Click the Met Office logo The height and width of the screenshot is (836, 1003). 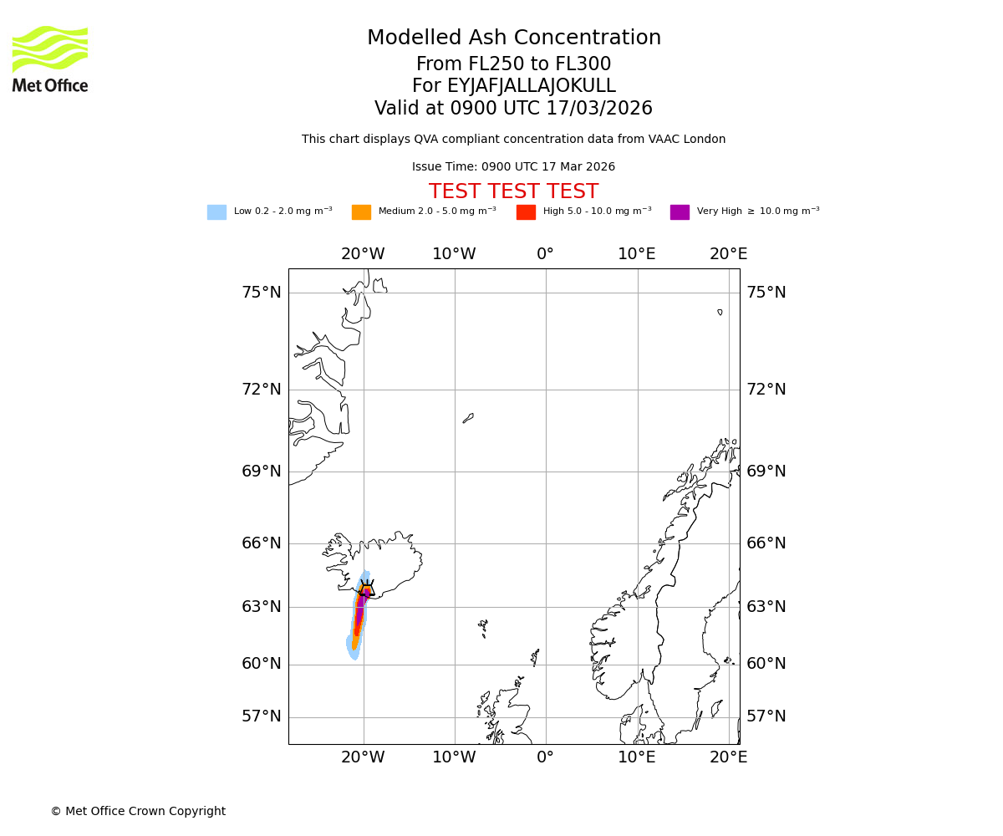50,59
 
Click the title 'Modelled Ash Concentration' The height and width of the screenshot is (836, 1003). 514,38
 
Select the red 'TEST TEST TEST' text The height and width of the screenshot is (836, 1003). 513,192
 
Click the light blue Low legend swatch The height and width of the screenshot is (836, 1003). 216,212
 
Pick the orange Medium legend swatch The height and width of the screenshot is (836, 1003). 361,212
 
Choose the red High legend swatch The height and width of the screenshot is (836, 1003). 526,212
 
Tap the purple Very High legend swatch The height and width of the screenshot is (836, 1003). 680,212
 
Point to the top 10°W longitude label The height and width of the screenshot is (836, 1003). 454,254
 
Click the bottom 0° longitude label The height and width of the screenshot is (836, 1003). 545,757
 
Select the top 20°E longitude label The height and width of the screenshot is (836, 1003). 728,254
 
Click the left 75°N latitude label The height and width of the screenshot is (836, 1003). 262,293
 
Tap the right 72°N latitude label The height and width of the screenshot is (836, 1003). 766,390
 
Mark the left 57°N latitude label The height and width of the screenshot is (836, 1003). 262,716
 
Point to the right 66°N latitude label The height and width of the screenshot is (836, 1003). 766,543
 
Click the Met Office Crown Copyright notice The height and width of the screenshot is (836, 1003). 138,812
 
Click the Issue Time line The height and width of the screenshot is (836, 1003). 513,167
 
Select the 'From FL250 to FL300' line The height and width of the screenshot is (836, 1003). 513,64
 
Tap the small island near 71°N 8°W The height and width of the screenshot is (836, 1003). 468,418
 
